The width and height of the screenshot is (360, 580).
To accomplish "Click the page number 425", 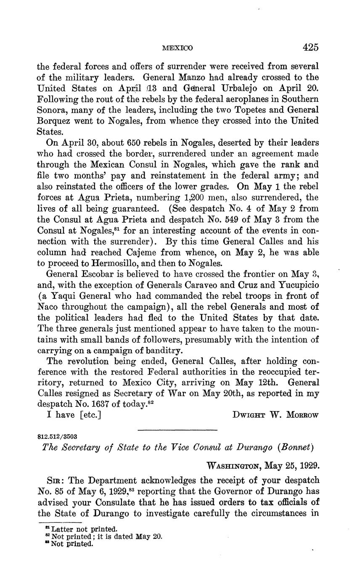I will (310, 47).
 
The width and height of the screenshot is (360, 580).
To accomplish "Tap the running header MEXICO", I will (177, 48).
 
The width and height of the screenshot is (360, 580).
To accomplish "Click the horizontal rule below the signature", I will (177, 430).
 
